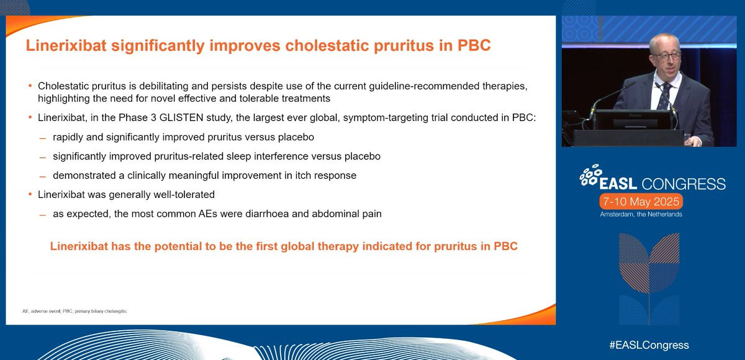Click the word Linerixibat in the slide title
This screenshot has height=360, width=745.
pos(66,45)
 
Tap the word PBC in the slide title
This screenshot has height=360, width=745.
pos(474,45)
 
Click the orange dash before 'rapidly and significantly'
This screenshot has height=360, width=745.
pos(42,138)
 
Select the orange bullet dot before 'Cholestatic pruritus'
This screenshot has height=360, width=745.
pos(30,86)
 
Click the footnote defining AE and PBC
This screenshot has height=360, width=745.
pos(75,311)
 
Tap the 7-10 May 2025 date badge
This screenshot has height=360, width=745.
pos(641,202)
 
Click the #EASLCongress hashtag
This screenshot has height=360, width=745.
pos(649,345)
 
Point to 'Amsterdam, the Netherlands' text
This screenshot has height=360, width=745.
pos(641,214)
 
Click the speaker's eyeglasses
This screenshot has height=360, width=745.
pos(666,56)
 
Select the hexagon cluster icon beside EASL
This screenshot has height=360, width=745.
pos(590,175)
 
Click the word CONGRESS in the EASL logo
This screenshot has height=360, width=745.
pos(683,184)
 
